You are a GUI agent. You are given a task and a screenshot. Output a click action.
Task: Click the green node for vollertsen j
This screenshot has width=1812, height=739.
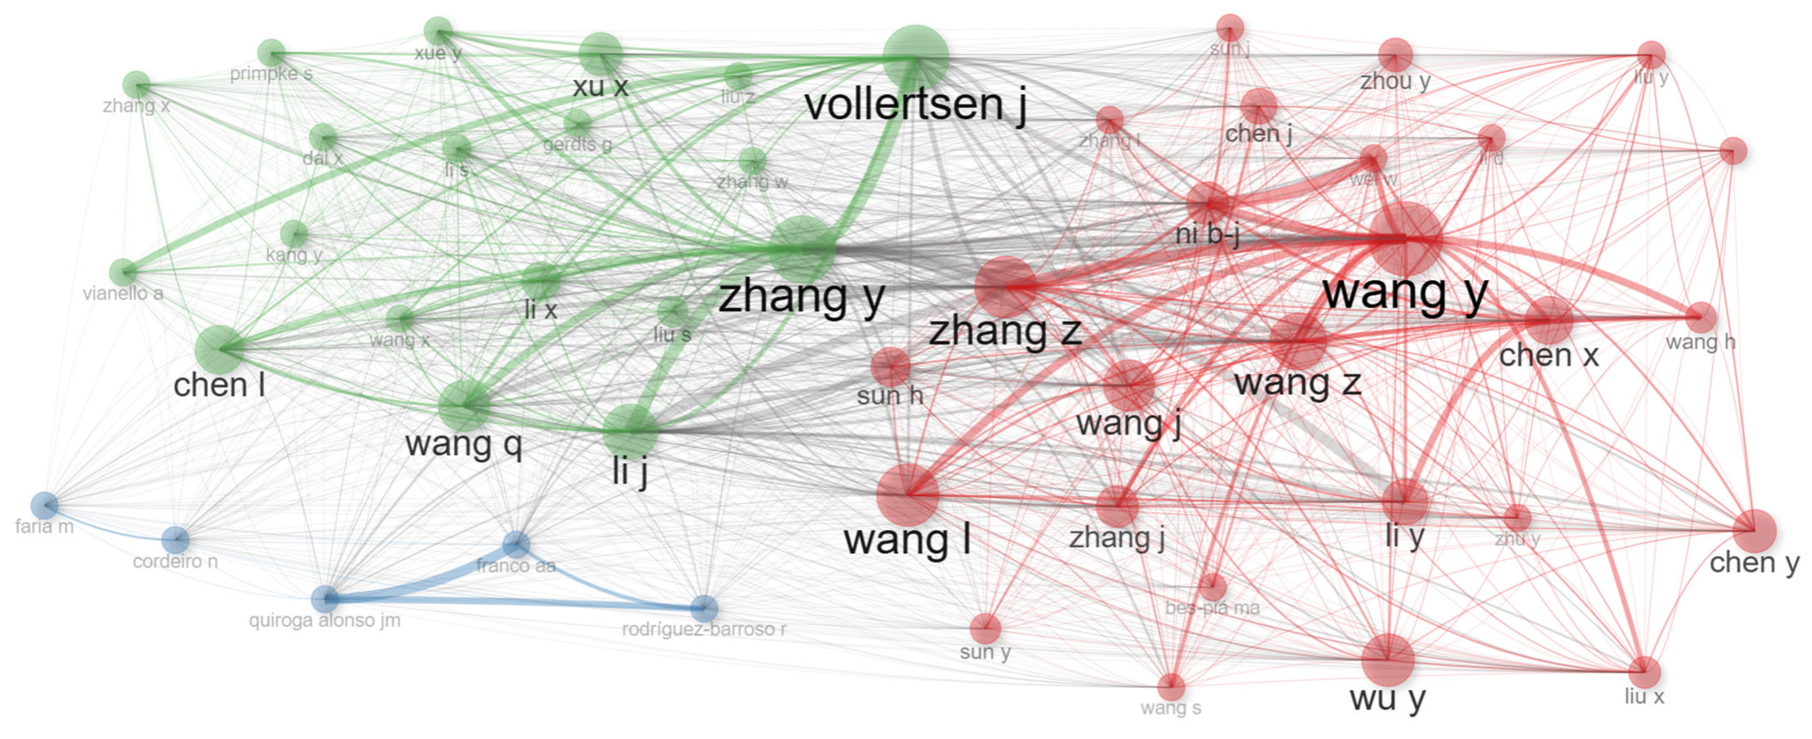[915, 57]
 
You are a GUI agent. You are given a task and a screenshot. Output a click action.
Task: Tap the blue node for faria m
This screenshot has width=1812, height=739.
[44, 505]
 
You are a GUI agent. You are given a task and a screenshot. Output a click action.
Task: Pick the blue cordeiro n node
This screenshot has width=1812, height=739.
[175, 540]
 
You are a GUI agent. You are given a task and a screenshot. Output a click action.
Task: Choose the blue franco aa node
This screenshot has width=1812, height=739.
[516, 543]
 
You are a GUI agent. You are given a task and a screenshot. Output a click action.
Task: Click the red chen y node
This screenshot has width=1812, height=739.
[1754, 530]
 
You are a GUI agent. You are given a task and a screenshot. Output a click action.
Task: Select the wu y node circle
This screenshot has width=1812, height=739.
[1387, 659]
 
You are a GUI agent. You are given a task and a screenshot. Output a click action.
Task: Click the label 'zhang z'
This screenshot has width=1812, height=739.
[1005, 331]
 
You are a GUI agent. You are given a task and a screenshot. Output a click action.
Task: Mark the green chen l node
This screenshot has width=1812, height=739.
[219, 349]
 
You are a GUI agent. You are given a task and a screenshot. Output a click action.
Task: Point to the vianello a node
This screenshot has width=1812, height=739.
[123, 272]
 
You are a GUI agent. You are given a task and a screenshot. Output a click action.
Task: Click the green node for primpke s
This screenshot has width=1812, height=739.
[271, 53]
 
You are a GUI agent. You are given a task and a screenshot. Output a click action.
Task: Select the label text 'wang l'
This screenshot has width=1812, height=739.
[907, 540]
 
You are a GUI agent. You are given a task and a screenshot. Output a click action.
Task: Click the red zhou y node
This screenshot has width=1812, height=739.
[1395, 55]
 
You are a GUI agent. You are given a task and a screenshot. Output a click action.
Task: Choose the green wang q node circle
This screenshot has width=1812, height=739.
[463, 405]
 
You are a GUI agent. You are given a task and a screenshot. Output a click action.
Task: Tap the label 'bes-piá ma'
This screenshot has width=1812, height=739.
[1212, 608]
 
